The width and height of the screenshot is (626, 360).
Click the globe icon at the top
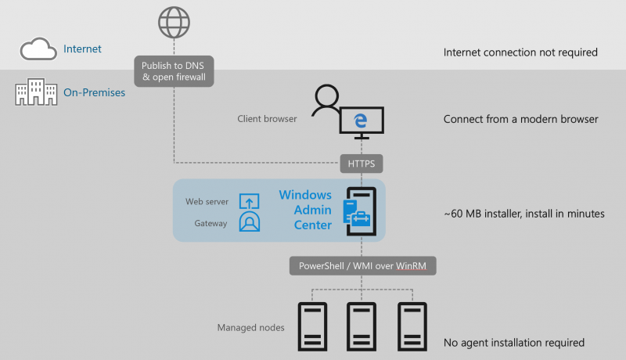(x=174, y=22)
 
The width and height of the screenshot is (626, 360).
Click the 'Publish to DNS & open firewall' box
(x=174, y=71)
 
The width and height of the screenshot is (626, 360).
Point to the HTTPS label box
(x=362, y=164)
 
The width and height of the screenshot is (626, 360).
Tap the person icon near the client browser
(x=325, y=103)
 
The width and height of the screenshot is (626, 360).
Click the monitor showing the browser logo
(x=362, y=122)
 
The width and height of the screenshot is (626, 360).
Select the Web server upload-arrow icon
(x=249, y=201)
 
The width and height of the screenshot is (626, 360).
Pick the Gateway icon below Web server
(x=249, y=222)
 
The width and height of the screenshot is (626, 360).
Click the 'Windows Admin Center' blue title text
(x=305, y=210)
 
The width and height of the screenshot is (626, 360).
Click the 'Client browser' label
(x=267, y=119)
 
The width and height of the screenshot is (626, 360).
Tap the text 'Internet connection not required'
(x=520, y=52)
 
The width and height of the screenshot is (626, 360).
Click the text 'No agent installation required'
(x=513, y=343)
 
